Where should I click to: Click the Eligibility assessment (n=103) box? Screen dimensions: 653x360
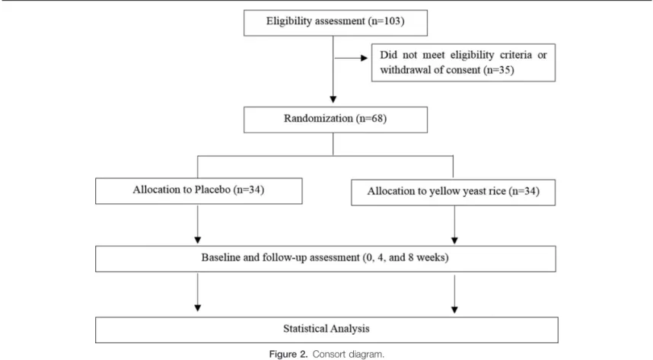[335, 23]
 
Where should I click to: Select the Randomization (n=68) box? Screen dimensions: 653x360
[335, 119]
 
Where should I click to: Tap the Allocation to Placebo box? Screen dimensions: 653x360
[199, 191]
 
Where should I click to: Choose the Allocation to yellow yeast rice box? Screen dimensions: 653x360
[453, 192]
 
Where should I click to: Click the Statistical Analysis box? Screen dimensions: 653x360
[326, 330]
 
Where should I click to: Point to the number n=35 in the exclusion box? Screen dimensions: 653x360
[499, 70]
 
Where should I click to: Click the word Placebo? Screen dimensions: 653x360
[212, 190]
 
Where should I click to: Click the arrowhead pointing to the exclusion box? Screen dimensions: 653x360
[365, 58]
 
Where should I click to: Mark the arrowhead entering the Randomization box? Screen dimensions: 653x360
[333, 100]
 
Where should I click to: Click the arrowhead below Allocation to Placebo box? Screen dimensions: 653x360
[198, 240]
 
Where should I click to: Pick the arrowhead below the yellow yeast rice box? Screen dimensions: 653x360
[455, 241]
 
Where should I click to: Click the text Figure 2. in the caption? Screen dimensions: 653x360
[288, 354]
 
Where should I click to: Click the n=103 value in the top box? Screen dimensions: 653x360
[386, 21]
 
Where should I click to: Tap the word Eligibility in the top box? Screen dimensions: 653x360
[289, 21]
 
